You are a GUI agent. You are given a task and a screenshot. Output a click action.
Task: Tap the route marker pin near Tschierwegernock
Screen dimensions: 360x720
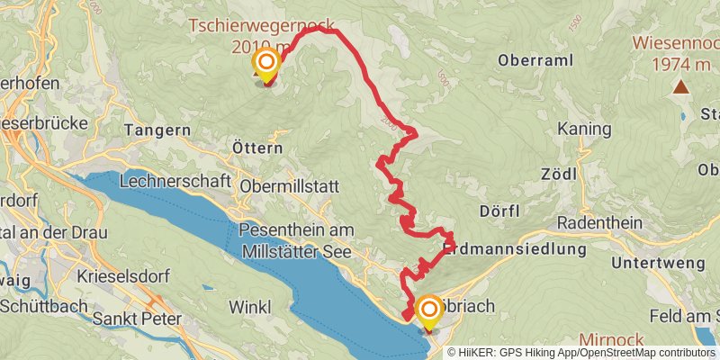(266, 64)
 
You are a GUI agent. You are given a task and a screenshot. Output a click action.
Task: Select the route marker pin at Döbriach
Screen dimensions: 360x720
(427, 310)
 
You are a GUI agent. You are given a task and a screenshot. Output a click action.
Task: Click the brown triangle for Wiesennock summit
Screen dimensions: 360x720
(680, 87)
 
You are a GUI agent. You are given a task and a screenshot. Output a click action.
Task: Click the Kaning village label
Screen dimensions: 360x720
(584, 130)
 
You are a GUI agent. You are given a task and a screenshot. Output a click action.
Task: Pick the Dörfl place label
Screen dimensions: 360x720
(502, 211)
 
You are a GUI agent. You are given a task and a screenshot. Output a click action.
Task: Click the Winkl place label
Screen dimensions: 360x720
(249, 307)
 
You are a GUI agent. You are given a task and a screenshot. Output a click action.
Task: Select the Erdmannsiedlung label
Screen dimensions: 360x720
(515, 247)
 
